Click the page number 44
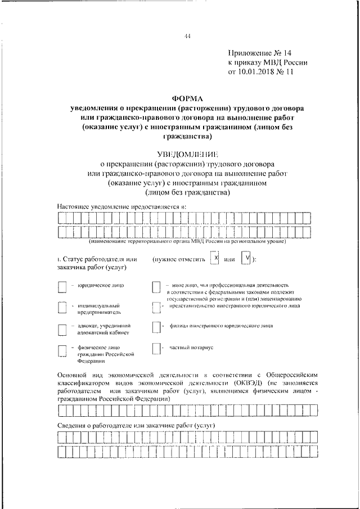tap(187, 37)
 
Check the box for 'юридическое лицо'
tap(62, 287)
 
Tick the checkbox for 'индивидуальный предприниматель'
tap(62, 308)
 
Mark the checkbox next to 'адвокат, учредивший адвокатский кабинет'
tap(62, 329)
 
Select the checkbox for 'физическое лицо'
tap(62, 350)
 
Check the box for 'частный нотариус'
tap(156, 349)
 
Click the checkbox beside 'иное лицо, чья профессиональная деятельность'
tap(156, 287)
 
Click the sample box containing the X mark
tap(214, 258)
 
